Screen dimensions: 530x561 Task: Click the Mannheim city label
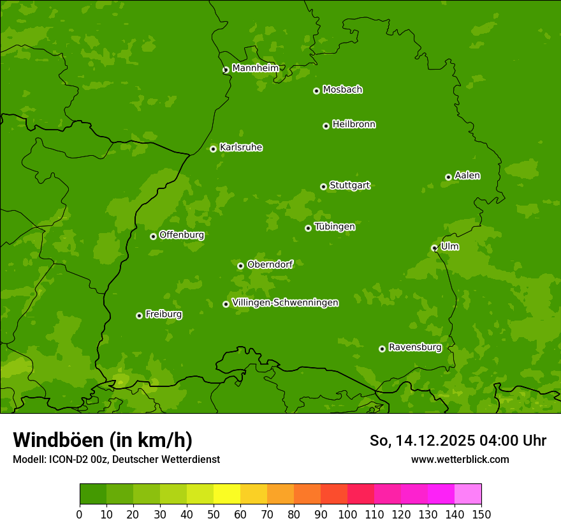pyautogui.click(x=255, y=68)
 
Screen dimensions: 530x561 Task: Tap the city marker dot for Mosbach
pyautogui.click(x=316, y=91)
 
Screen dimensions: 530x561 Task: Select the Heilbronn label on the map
pyautogui.click(x=354, y=125)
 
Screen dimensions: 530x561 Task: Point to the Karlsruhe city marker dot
pyautogui.click(x=213, y=149)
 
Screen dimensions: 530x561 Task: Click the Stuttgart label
pyautogui.click(x=349, y=186)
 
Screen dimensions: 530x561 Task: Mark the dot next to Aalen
pyautogui.click(x=448, y=177)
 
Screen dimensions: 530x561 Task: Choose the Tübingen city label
pyautogui.click(x=335, y=227)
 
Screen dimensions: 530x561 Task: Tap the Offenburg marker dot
pyautogui.click(x=153, y=236)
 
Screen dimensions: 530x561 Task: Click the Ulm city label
pyautogui.click(x=449, y=246)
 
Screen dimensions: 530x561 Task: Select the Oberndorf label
pyautogui.click(x=270, y=264)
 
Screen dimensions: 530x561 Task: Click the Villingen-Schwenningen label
pyautogui.click(x=285, y=303)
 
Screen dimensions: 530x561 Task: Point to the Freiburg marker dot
pyautogui.click(x=139, y=315)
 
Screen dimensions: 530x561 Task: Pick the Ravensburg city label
pyautogui.click(x=415, y=347)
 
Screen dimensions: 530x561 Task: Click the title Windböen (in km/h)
pyautogui.click(x=103, y=440)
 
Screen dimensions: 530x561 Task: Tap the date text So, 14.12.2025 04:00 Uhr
pyautogui.click(x=458, y=441)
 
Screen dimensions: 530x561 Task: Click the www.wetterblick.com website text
pyautogui.click(x=460, y=459)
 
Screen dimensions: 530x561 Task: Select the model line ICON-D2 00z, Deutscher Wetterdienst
pyautogui.click(x=116, y=459)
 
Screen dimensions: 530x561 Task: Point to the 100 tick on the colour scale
pyautogui.click(x=347, y=513)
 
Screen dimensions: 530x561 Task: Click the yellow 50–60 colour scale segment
pyautogui.click(x=227, y=494)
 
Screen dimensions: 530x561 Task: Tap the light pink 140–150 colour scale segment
pyautogui.click(x=468, y=494)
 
